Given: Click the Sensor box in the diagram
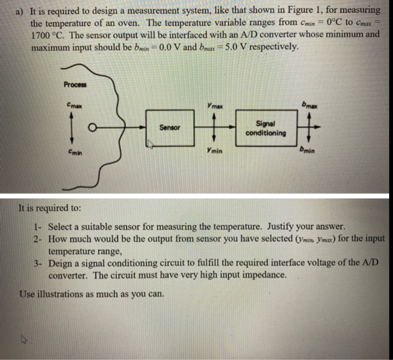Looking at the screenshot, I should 170,127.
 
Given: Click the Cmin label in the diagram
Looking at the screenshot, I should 74,151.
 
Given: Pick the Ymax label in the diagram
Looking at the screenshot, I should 214,105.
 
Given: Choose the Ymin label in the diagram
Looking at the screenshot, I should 213,151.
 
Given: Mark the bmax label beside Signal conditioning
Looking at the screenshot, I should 310,104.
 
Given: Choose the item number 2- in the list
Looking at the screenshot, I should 38,239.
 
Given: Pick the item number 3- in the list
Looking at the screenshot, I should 38,263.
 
